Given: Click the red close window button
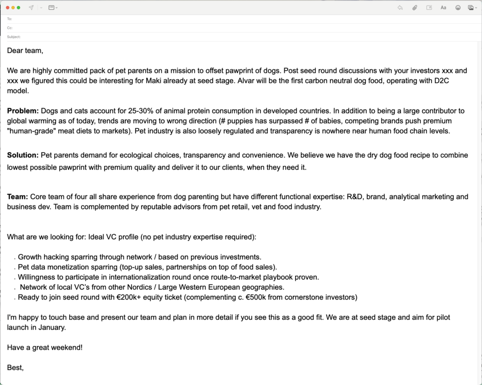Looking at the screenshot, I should coord(8,8).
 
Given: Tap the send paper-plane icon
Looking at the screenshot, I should coord(31,8).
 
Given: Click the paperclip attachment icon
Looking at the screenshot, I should coord(415,8).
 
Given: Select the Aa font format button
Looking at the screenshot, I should coord(443,8).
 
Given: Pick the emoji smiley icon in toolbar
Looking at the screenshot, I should coord(458,8).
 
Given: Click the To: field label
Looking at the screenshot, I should coord(9,19).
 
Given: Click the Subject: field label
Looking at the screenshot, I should coord(14,37).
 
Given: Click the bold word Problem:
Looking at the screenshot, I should coord(23,111).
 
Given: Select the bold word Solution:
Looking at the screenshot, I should coord(23,155).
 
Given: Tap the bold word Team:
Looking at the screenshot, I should coord(17,196).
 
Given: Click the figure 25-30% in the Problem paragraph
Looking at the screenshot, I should coord(143,111).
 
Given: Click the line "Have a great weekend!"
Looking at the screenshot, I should coord(45,347).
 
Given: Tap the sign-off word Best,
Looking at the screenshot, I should coord(16,368).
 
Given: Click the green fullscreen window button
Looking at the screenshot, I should coord(19,8).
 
